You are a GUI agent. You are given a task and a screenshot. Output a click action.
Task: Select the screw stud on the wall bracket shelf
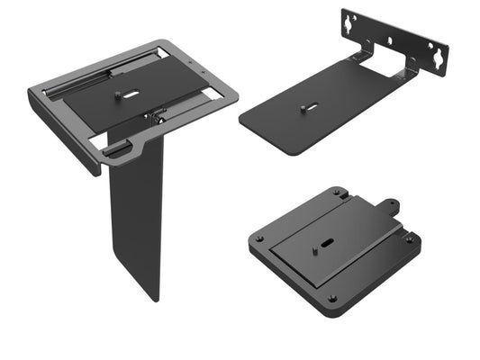pos(303,108)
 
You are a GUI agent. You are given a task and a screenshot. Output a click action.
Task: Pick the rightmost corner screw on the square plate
pos(411,239)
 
